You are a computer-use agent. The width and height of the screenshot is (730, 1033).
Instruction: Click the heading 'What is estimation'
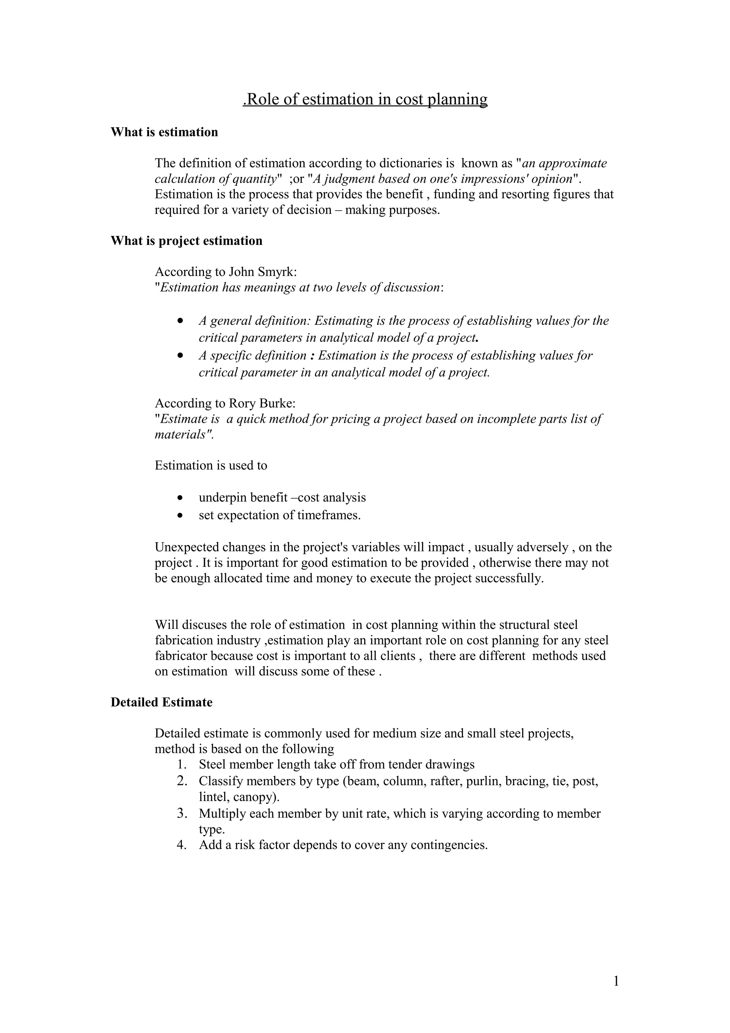coord(164,132)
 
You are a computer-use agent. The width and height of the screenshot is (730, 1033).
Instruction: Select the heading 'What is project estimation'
coord(186,241)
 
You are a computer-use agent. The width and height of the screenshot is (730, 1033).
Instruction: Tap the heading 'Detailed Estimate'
coord(161,702)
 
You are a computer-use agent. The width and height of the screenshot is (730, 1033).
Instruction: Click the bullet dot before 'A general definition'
coord(180,322)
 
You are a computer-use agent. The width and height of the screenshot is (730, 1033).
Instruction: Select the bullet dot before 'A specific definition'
coord(180,356)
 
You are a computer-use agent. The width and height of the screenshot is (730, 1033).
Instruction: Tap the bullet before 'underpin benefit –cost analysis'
coord(180,498)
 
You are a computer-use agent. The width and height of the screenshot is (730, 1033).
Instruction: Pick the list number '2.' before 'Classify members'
coord(182,781)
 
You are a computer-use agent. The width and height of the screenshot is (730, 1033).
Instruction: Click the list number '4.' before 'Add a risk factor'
coord(182,845)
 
